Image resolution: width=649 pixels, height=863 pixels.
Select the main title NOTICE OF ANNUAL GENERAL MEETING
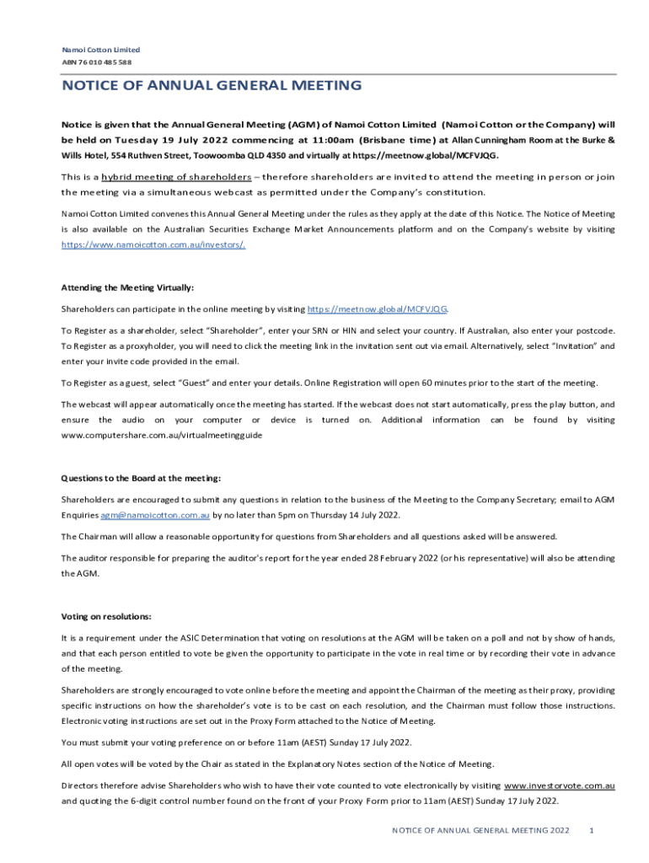212,86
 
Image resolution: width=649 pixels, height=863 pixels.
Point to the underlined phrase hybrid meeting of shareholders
176,177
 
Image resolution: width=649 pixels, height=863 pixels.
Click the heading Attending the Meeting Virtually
127,287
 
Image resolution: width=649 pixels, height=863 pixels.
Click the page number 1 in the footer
593,831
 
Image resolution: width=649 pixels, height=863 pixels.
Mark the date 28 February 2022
358,558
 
